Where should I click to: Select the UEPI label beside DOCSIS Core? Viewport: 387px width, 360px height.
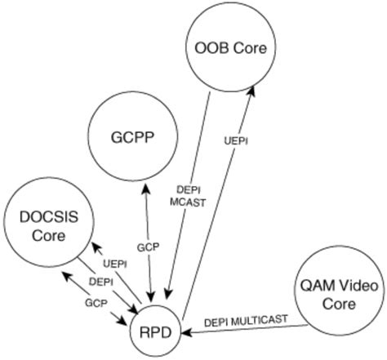pos(114,263)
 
